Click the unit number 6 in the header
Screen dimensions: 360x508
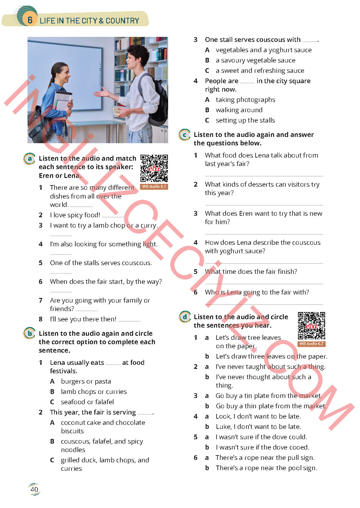coord(30,20)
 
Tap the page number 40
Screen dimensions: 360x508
coord(34,489)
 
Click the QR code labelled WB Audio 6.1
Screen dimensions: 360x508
coord(154,168)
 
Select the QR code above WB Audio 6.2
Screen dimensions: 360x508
coord(312,326)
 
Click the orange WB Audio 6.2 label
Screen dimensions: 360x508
coord(312,344)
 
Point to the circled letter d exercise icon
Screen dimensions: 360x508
coord(185,317)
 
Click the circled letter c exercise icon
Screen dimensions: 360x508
coord(185,135)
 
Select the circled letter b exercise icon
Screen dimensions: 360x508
coord(29,333)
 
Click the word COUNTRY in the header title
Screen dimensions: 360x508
coord(122,21)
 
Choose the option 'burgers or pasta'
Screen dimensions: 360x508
coord(86,381)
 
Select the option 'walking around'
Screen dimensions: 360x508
coord(239,110)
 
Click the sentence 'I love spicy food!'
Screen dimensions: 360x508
coord(75,215)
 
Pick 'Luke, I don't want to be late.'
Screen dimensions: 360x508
coord(258,427)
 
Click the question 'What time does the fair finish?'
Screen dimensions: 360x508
coord(251,271)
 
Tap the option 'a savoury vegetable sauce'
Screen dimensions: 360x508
coord(256,60)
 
